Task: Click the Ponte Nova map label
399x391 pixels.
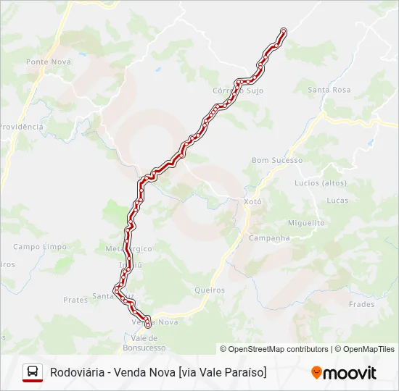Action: [x=48, y=62]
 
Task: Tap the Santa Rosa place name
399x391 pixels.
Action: [x=329, y=90]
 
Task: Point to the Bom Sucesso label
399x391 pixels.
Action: [x=276, y=160]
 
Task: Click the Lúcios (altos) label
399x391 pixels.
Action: [x=321, y=183]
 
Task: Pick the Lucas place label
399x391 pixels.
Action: [x=338, y=200]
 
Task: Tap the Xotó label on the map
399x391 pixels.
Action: [x=252, y=202]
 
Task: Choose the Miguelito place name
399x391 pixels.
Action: [x=306, y=223]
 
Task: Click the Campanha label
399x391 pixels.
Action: [x=269, y=237]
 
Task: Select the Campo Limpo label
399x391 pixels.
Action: [x=40, y=246]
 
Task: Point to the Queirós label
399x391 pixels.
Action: [x=210, y=290]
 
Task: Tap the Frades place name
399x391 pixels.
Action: [x=361, y=304]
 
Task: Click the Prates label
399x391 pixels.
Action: [x=75, y=299]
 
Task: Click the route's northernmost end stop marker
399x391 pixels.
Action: [x=284, y=31]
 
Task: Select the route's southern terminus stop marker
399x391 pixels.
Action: [x=147, y=325]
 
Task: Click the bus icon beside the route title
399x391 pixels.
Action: [x=33, y=372]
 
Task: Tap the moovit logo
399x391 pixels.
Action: [x=344, y=373]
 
